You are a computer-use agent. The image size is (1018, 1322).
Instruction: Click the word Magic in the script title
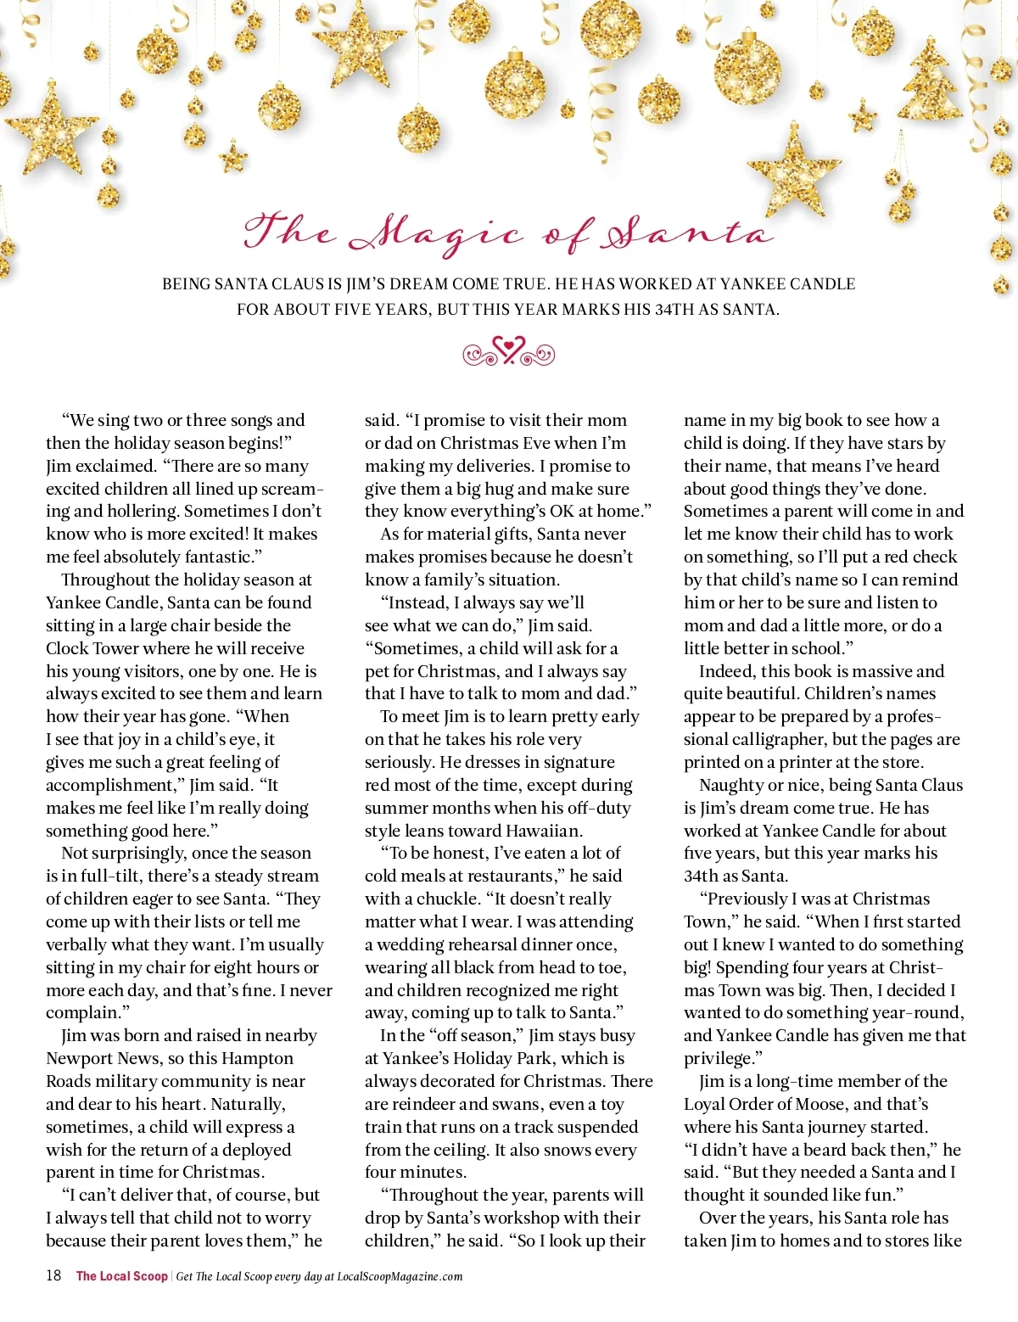437,233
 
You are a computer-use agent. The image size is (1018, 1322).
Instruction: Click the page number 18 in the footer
53,1275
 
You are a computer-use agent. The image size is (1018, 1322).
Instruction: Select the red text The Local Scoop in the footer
122,1276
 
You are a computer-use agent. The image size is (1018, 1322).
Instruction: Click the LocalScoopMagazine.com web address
400,1276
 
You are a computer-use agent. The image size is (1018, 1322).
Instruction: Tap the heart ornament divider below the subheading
508,351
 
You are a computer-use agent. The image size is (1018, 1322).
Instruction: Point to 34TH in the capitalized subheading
674,310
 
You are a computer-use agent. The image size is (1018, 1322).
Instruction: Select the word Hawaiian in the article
541,830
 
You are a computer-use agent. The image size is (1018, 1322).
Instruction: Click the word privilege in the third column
718,1058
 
